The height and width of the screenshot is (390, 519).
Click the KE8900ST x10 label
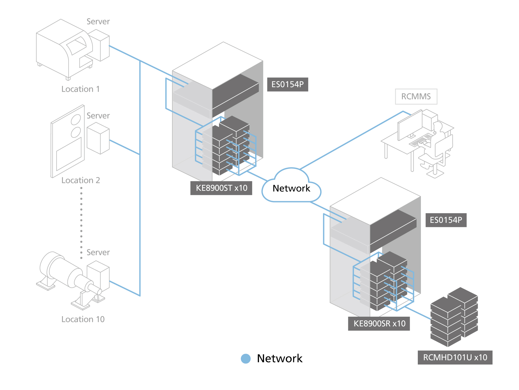(x=221, y=188)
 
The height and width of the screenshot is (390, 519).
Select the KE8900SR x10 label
(x=379, y=324)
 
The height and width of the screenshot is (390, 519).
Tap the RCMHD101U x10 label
(x=455, y=357)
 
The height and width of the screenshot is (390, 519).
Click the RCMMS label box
(x=416, y=96)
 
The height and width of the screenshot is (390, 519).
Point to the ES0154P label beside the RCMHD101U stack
(x=446, y=220)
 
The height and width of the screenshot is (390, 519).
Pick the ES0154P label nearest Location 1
(x=288, y=84)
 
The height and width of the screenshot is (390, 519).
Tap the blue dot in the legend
(x=245, y=359)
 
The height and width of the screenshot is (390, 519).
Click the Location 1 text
(x=80, y=89)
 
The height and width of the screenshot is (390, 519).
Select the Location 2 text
(x=80, y=180)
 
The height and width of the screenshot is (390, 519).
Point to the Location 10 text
(x=83, y=319)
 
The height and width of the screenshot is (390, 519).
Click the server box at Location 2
(x=98, y=138)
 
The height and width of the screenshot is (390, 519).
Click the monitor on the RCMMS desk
(x=410, y=125)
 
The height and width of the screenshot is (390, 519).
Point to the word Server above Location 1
(x=98, y=22)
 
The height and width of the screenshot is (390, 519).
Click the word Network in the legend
(x=279, y=359)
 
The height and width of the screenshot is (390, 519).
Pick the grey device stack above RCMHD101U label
(x=454, y=317)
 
